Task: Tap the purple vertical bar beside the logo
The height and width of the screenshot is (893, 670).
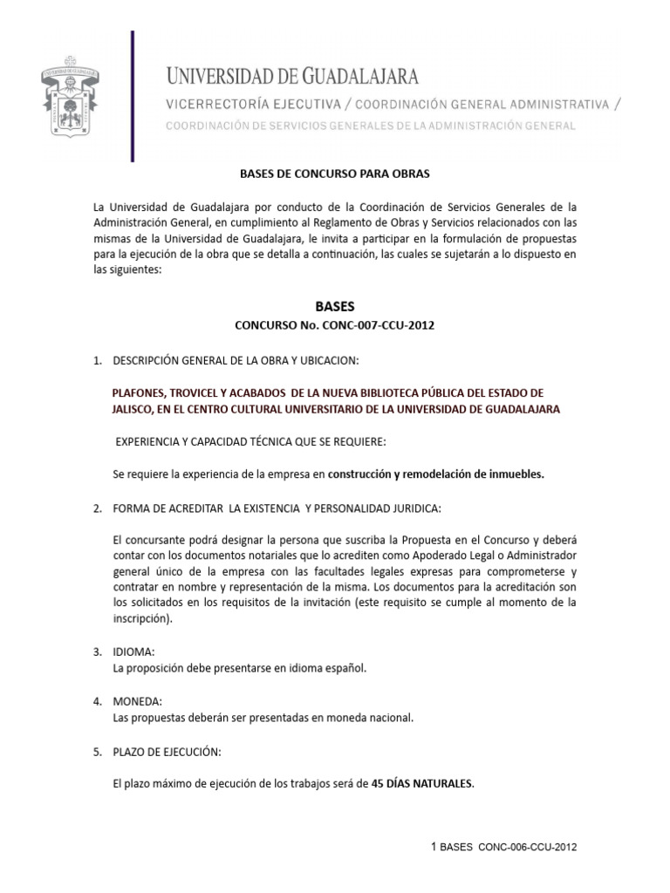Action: click(133, 96)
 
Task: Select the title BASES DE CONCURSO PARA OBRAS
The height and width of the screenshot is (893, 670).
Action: click(335, 174)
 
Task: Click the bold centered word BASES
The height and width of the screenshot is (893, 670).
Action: click(335, 306)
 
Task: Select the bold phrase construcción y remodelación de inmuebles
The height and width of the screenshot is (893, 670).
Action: click(435, 474)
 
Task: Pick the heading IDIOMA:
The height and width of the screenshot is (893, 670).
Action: click(133, 652)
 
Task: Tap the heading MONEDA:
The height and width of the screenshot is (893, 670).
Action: click(135, 701)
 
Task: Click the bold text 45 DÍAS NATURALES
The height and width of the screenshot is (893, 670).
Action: click(418, 783)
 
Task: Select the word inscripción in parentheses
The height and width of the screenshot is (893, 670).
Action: click(142, 619)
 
